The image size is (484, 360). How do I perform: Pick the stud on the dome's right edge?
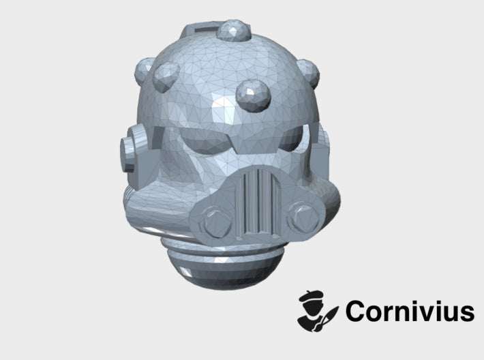click(x=309, y=66)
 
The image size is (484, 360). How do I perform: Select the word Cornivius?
click(x=409, y=312)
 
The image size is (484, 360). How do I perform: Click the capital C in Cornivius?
click(x=357, y=312)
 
